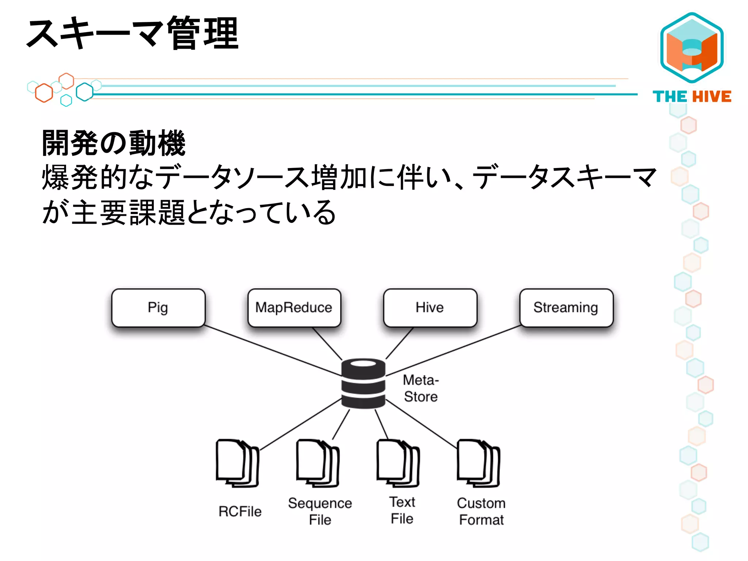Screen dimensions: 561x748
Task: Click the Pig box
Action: tap(158, 308)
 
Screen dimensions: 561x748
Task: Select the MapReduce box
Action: tap(294, 308)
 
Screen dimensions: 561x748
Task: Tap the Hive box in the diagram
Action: tap(430, 308)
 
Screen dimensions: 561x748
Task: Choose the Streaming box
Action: tap(566, 308)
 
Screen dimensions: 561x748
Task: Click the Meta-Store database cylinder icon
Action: tap(363, 383)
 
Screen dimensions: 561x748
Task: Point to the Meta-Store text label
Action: tap(421, 388)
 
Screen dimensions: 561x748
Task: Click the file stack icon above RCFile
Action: tap(237, 463)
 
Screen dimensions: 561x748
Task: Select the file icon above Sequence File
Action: tap(318, 463)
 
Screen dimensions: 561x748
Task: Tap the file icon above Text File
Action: tap(398, 463)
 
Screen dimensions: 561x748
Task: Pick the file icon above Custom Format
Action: tap(478, 463)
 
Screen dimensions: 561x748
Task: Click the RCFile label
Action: tap(240, 511)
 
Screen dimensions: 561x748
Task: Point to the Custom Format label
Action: tap(481, 511)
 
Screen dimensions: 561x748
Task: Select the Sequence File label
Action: tap(320, 511)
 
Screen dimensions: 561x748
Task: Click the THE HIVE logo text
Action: tap(692, 97)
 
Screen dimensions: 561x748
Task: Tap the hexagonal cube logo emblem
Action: tap(692, 47)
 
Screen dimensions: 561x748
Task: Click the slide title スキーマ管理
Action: tap(133, 34)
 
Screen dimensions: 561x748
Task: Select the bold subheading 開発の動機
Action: tap(114, 143)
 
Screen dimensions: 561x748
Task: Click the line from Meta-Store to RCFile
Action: tap(300, 425)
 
